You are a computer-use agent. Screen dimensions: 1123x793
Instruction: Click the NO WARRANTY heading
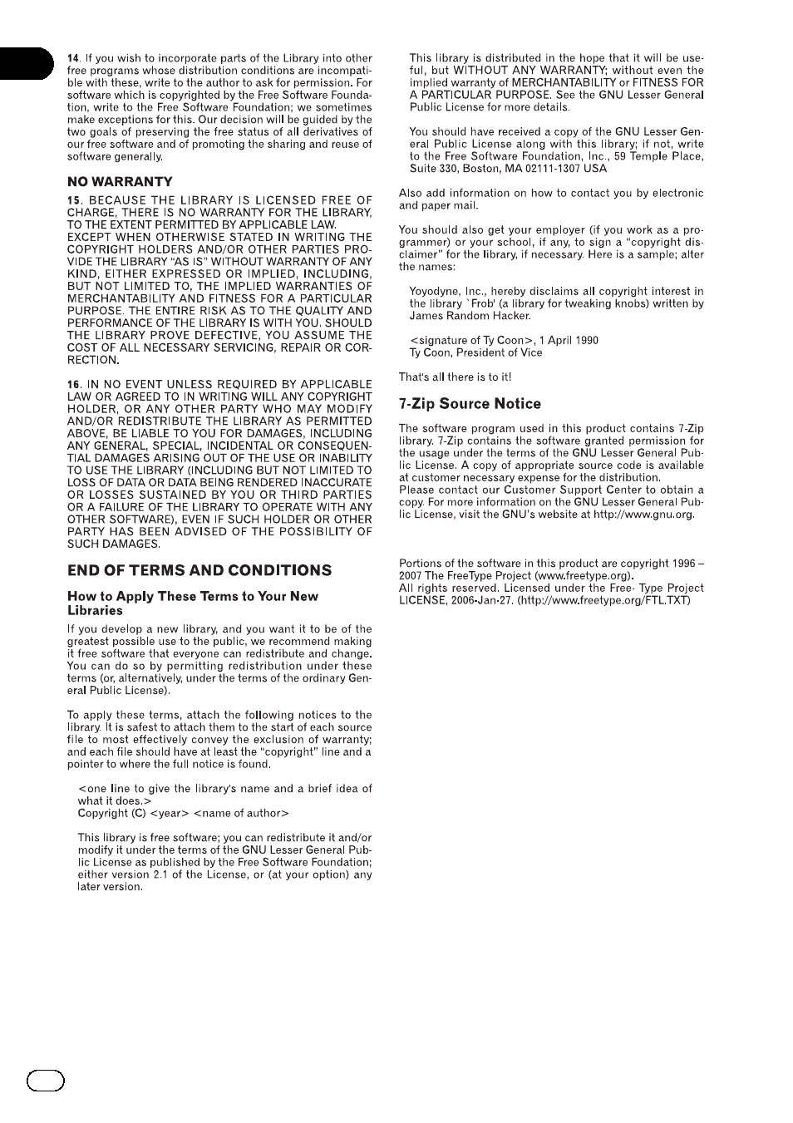[120, 181]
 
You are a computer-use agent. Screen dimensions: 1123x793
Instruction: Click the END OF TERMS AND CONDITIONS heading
[199, 570]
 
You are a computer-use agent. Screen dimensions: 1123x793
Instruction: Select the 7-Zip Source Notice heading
[470, 404]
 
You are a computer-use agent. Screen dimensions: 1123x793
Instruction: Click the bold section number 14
[73, 58]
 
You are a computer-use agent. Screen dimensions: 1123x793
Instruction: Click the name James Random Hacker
[470, 316]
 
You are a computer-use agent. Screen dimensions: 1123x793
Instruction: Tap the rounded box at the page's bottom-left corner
[46, 1080]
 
